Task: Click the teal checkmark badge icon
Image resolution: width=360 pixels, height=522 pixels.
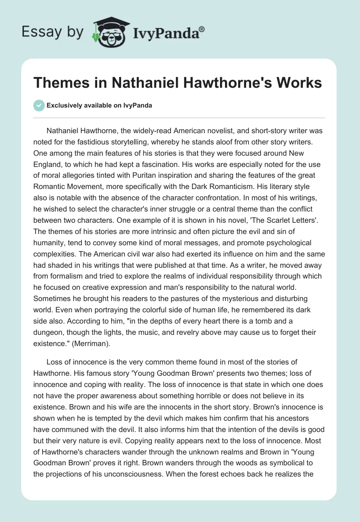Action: click(39, 105)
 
